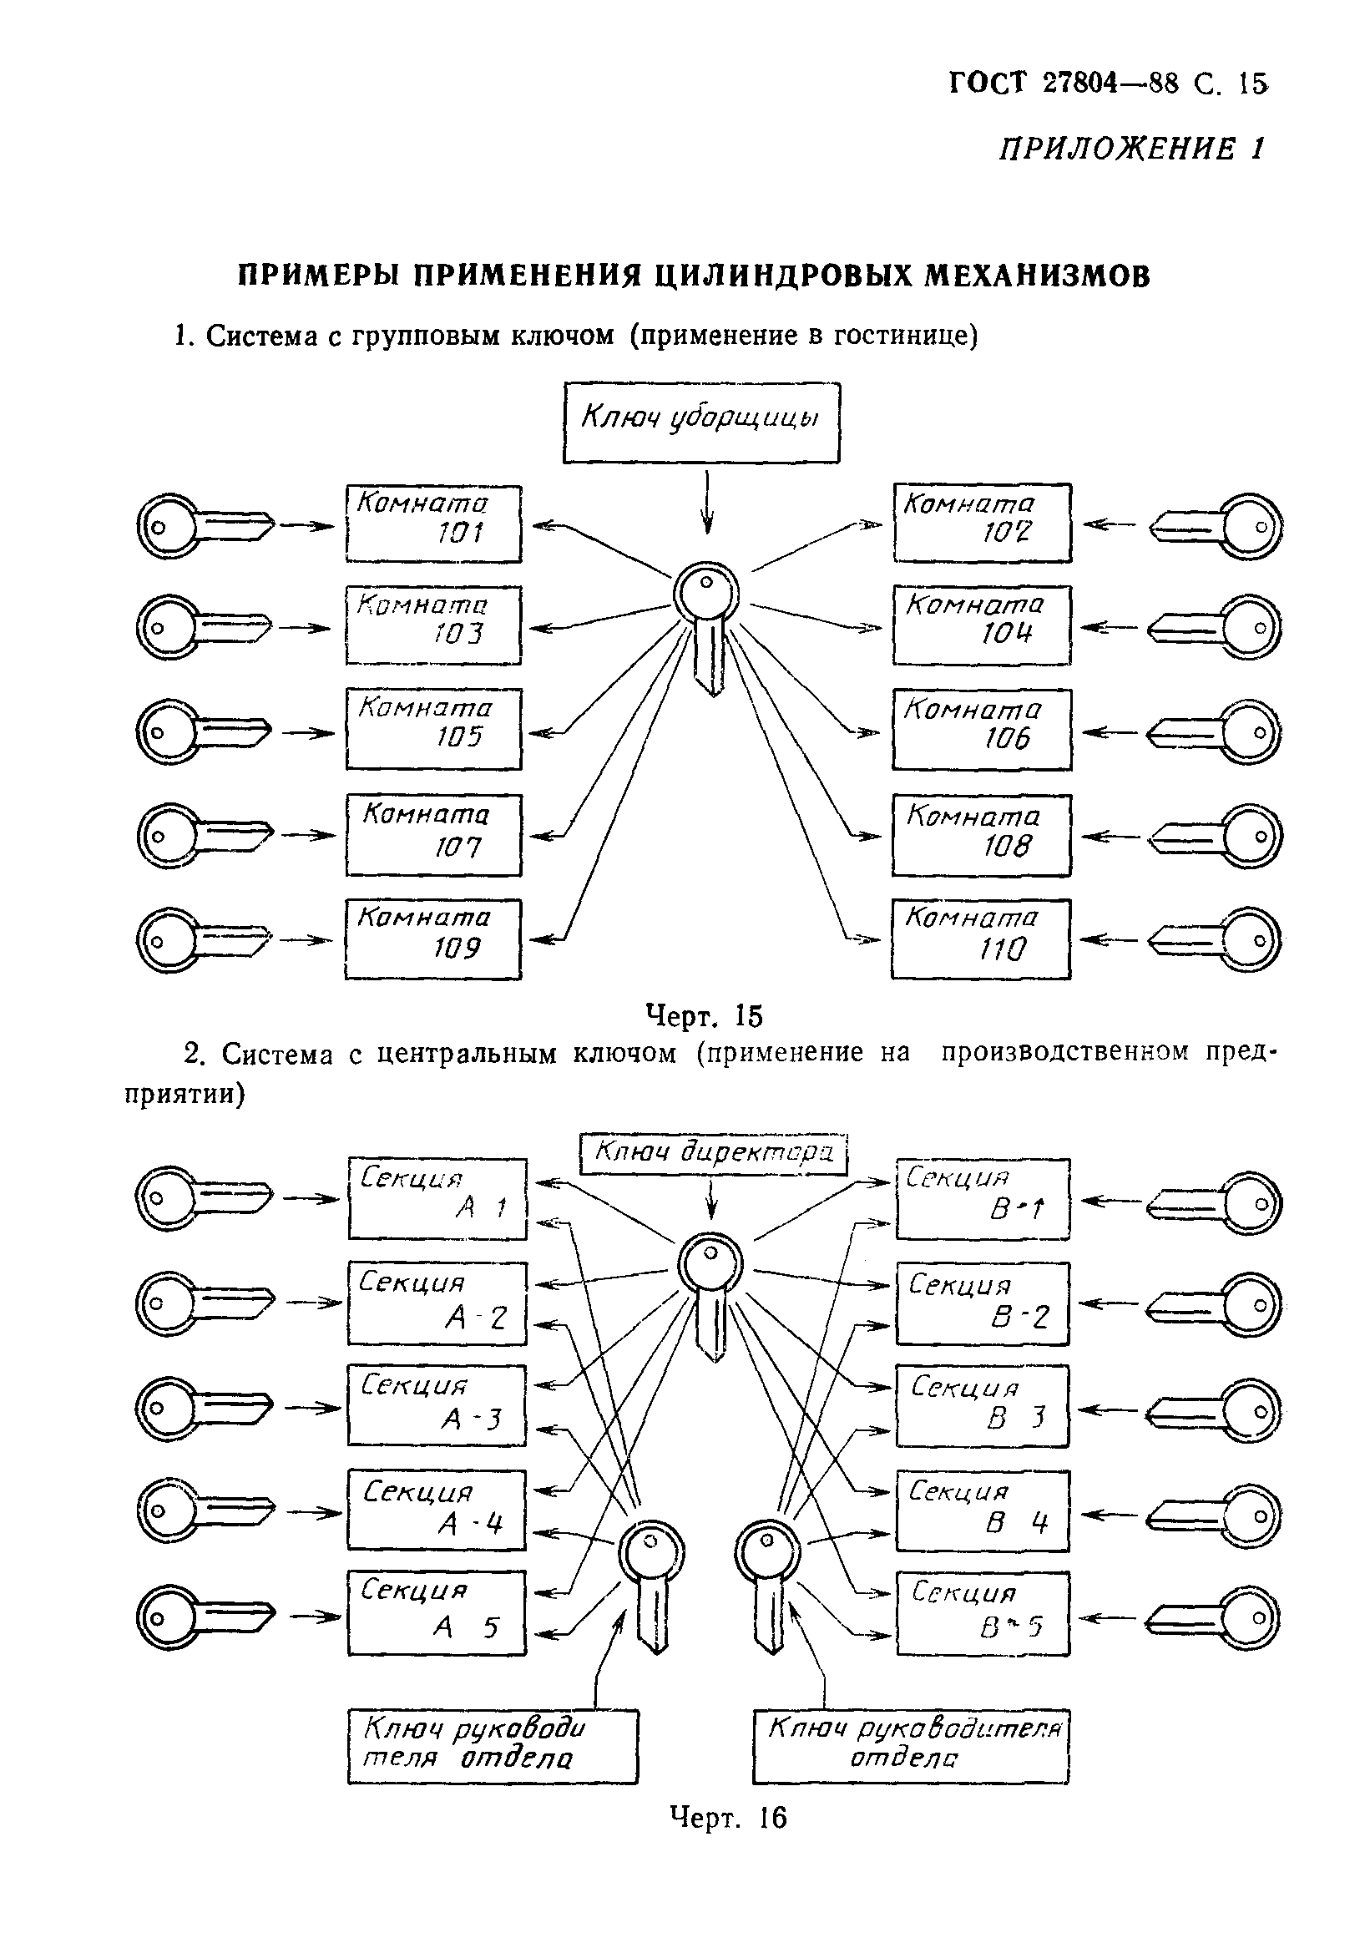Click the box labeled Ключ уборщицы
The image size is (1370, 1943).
click(x=700, y=422)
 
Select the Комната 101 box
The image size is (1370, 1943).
click(x=433, y=522)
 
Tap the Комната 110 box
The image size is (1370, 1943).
click(x=980, y=939)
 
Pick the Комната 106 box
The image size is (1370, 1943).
click(x=981, y=729)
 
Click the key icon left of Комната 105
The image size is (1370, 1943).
click(x=203, y=731)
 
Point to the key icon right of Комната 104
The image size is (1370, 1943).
click(x=1216, y=627)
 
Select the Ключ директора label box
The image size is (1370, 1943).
click(x=713, y=1153)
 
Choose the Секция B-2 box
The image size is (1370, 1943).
click(x=982, y=1303)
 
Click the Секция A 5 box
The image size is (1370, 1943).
click(x=437, y=1612)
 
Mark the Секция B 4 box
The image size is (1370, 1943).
click(x=982, y=1510)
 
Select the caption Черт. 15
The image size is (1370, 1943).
click(x=704, y=1015)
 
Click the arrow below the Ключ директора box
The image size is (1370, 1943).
click(x=712, y=1200)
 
